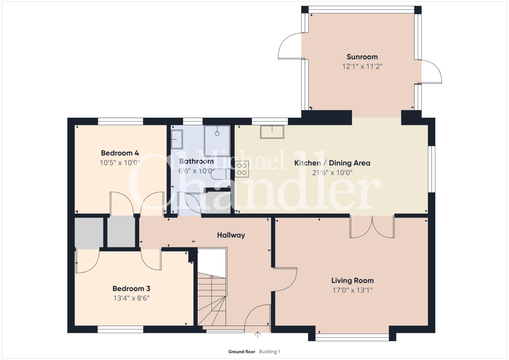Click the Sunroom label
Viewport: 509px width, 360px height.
coord(362,57)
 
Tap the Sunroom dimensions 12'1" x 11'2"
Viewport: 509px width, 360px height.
coord(362,66)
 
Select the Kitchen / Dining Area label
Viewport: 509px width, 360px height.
coord(332,163)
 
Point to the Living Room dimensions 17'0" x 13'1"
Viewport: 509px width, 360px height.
coord(353,290)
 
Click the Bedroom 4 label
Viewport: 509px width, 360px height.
coord(120,153)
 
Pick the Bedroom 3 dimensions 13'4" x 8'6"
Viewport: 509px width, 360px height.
coord(132,298)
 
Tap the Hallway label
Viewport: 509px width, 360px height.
coord(231,235)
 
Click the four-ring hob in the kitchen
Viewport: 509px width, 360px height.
coord(242,169)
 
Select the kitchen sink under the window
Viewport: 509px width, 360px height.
coord(272,132)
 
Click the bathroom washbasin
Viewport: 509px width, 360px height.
coord(177,139)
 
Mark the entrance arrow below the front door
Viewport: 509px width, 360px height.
coord(257,335)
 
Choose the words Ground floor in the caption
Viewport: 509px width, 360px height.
coord(242,352)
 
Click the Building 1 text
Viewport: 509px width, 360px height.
coord(270,352)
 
